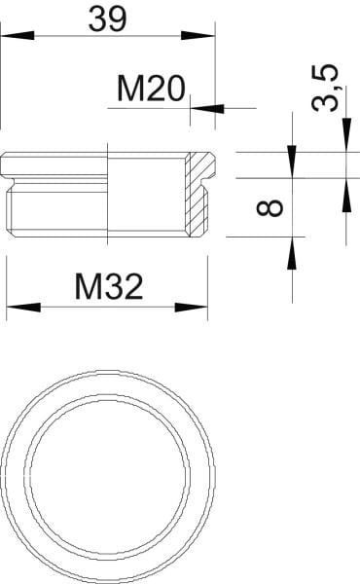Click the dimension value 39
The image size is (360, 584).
point(108,18)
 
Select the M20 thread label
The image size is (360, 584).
point(151,89)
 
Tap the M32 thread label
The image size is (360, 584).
point(109,286)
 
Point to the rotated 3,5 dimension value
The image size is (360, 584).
point(325,88)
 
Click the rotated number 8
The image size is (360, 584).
point(270,208)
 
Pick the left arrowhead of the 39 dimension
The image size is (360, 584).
point(18,36)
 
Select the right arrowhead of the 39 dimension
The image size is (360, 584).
point(198,36)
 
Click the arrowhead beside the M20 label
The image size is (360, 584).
point(207,109)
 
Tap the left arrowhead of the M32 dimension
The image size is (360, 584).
point(23,308)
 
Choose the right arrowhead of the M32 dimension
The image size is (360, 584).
point(191,308)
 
